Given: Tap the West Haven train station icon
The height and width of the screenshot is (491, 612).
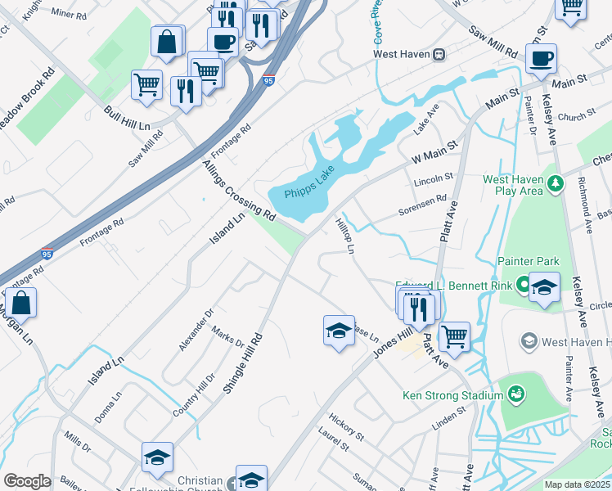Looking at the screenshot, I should [439, 54].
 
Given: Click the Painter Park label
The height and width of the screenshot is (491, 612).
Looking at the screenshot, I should [528, 262].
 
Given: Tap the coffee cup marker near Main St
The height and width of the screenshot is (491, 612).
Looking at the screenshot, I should [541, 59].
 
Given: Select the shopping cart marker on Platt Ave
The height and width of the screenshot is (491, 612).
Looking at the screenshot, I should [453, 336].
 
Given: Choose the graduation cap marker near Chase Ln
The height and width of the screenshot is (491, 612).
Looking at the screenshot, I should [339, 331].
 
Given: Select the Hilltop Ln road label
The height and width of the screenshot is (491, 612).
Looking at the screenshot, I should [344, 234].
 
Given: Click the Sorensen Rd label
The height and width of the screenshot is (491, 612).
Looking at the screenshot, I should [422, 205].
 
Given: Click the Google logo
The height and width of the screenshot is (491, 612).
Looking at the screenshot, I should [27, 482].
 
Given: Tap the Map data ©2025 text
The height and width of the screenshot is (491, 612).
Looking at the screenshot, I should [577, 484].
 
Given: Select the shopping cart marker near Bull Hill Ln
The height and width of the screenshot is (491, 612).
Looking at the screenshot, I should [146, 84].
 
